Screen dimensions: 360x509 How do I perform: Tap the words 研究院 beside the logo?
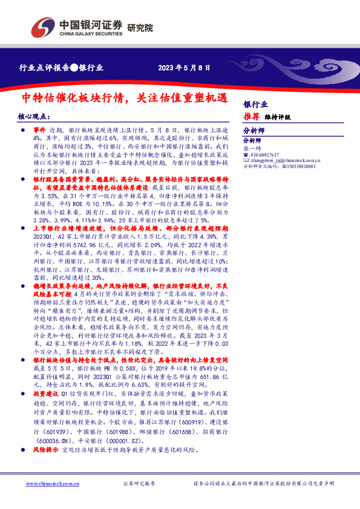(140, 27)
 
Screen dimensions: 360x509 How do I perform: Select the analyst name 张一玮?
(250, 148)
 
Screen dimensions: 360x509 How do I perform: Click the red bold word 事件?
(39, 130)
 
